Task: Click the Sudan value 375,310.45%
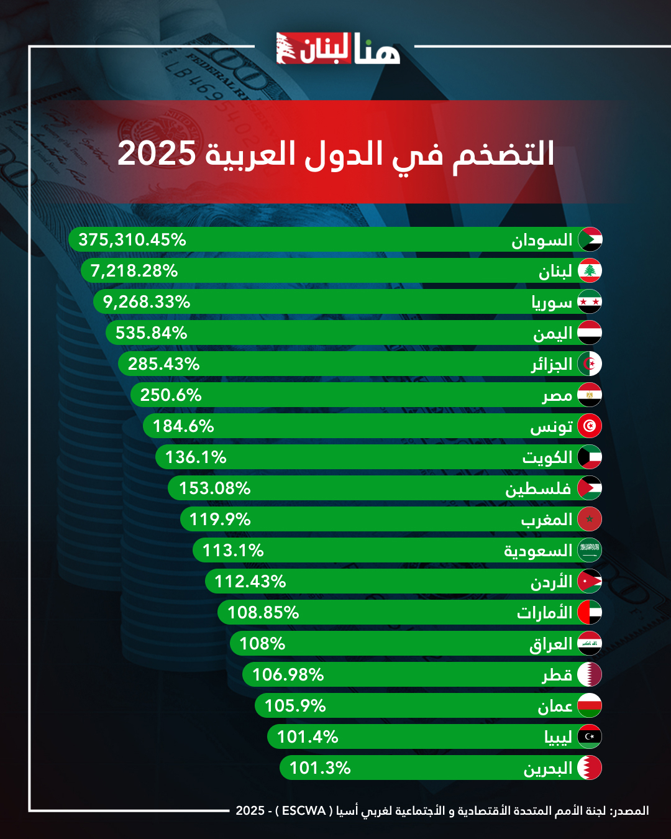click(132, 240)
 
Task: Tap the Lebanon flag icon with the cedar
click(590, 270)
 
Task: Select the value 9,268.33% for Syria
click(147, 302)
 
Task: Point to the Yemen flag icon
click(590, 332)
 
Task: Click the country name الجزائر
click(551, 364)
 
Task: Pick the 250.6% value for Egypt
click(171, 395)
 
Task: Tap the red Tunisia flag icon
click(590, 426)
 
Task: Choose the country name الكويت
click(547, 458)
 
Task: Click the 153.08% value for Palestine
click(215, 488)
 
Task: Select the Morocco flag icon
click(590, 519)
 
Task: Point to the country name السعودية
click(538, 551)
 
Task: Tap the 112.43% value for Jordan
click(250, 582)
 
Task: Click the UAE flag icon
click(590, 612)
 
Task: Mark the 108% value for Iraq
click(262, 644)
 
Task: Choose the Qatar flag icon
click(590, 674)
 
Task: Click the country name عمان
click(555, 706)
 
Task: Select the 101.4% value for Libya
click(308, 737)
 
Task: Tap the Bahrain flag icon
click(590, 768)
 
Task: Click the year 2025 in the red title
click(157, 154)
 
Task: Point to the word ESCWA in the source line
click(304, 810)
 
